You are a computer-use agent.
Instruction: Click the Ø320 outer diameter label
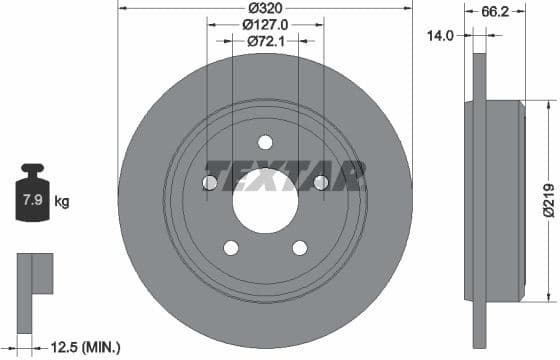(265, 8)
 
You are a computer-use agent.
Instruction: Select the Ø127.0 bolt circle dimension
(265, 25)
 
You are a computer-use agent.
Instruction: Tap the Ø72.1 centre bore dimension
(265, 42)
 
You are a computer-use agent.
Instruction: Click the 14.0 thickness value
(440, 34)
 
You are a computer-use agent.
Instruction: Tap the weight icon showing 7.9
(33, 199)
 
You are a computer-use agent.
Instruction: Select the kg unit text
(62, 202)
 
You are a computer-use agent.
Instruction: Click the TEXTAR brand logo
(284, 176)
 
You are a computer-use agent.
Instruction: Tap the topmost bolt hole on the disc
(265, 141)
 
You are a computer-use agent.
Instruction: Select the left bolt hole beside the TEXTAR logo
(209, 182)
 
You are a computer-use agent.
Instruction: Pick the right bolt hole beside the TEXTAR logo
(321, 182)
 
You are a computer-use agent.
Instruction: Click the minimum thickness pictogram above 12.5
(34, 275)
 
